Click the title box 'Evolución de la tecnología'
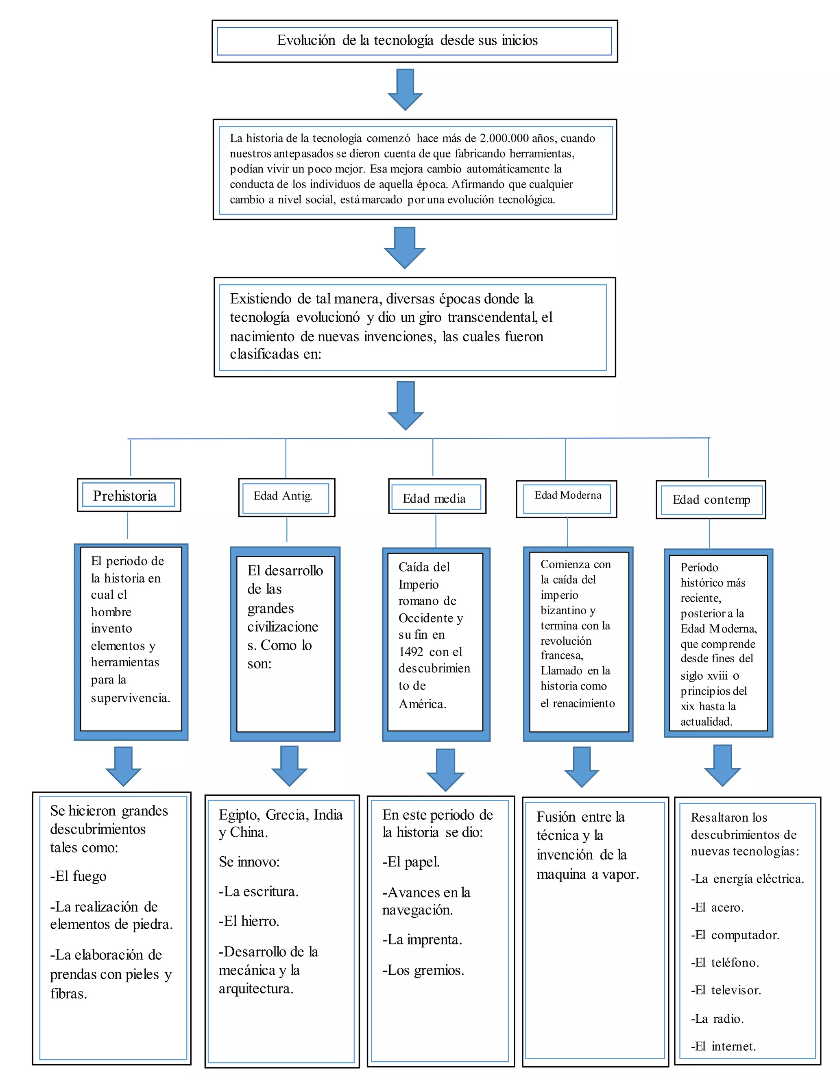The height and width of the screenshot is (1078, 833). click(x=414, y=41)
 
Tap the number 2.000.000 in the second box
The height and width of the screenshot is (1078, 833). click(x=504, y=139)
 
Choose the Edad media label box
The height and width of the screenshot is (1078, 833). click(x=436, y=498)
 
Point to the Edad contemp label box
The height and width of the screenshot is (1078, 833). click(x=710, y=500)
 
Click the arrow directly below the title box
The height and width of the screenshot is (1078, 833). click(x=405, y=90)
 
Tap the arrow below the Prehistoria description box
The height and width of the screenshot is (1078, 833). click(x=123, y=766)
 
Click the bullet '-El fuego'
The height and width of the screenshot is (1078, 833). click(x=79, y=876)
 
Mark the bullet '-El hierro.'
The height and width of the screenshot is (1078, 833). click(x=249, y=921)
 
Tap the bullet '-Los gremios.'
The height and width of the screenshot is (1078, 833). click(x=423, y=970)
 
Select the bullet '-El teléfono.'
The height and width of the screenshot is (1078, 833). click(x=724, y=962)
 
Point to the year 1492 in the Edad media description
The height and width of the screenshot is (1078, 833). click(x=411, y=652)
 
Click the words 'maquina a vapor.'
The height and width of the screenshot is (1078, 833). click(x=587, y=875)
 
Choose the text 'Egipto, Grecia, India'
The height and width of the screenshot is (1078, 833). click(x=280, y=815)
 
